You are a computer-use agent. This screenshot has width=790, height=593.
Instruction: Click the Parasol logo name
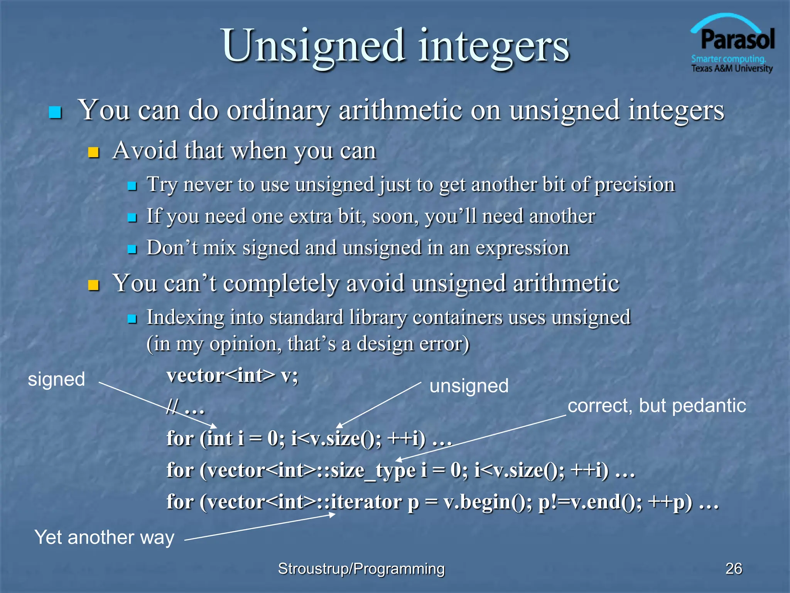(x=737, y=40)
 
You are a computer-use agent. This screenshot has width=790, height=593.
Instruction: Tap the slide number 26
(x=733, y=569)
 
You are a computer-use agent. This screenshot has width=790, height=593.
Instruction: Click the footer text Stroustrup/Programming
(x=361, y=569)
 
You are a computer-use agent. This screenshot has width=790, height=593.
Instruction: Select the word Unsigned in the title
(x=313, y=46)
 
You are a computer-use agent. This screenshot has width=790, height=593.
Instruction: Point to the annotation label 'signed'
(x=56, y=379)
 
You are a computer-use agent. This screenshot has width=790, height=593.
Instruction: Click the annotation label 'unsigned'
(x=469, y=386)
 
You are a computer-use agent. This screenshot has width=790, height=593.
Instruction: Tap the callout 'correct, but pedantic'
(x=657, y=406)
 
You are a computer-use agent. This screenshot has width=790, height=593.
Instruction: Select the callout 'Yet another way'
(x=104, y=537)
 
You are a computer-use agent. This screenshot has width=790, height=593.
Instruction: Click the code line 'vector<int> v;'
(x=232, y=375)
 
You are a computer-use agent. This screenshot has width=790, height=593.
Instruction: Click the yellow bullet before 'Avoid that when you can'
(x=93, y=152)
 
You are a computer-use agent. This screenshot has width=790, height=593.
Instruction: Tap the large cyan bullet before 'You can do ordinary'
(x=55, y=112)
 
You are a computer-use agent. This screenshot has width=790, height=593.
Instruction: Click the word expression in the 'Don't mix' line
(x=522, y=248)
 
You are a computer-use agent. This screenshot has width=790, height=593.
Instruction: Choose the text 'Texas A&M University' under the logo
(x=732, y=69)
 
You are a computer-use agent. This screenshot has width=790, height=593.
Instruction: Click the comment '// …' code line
(x=185, y=407)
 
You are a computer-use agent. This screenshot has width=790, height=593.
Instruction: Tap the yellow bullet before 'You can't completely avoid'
(x=93, y=285)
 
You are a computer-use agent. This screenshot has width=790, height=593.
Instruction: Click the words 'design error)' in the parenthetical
(x=413, y=344)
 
